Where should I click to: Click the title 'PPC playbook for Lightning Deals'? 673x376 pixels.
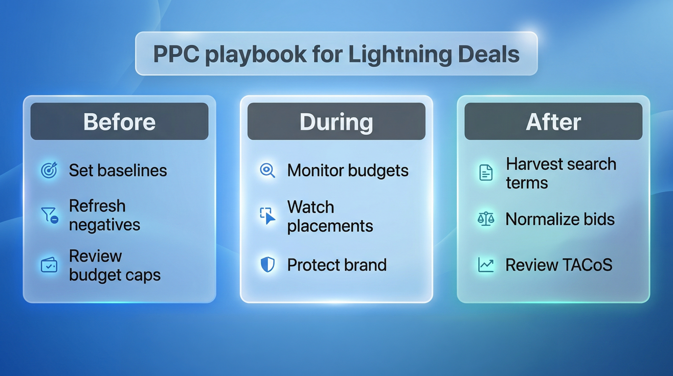click(336, 54)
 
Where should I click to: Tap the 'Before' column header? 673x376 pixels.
click(119, 121)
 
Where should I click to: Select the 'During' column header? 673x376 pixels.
click(336, 121)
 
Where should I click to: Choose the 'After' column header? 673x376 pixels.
click(553, 121)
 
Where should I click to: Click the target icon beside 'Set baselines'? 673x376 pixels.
click(49, 170)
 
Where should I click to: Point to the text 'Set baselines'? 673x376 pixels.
click(118, 170)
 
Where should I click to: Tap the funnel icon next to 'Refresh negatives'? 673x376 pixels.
click(49, 215)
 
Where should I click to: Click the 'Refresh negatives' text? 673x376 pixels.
click(104, 215)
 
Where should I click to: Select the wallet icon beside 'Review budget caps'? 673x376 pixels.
click(49, 265)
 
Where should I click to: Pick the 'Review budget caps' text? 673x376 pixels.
click(114, 265)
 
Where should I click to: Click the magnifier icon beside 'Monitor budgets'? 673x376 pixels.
click(267, 170)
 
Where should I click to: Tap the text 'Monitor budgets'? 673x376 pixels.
click(348, 170)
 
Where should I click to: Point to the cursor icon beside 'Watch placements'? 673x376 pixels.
click(267, 215)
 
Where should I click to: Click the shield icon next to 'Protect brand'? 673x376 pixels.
click(268, 265)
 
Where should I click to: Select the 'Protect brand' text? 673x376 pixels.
click(337, 265)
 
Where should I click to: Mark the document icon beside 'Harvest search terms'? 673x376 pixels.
click(486, 173)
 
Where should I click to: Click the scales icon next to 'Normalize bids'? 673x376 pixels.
click(486, 219)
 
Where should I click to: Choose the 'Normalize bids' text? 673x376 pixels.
click(560, 219)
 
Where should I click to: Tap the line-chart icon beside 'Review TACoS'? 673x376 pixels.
click(486, 265)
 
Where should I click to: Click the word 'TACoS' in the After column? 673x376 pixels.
click(585, 265)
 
